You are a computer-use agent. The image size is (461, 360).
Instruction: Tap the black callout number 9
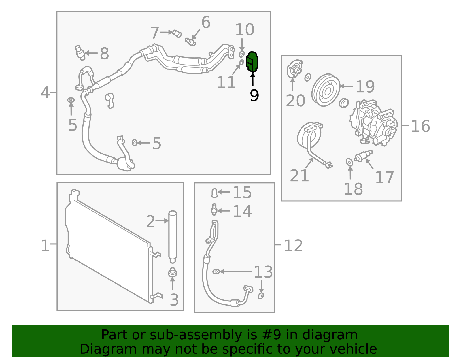(254, 95)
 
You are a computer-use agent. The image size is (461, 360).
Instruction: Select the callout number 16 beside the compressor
(420, 126)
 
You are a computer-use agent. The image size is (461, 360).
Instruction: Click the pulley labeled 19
(326, 90)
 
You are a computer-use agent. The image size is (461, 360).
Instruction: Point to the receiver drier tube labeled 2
(173, 236)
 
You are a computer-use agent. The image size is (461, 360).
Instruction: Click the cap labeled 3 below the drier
(173, 272)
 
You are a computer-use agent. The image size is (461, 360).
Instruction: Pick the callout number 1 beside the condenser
(45, 246)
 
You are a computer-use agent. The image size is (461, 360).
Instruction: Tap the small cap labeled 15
(214, 193)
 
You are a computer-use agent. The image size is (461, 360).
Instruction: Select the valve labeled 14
(214, 210)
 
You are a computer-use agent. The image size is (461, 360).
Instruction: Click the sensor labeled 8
(80, 52)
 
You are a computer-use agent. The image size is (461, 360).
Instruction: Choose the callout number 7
(155, 33)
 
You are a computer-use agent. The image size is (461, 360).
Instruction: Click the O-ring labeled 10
(242, 54)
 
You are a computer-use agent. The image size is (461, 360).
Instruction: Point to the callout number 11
(226, 82)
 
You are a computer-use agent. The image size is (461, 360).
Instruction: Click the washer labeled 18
(349, 162)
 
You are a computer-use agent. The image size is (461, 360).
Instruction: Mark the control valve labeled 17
(364, 156)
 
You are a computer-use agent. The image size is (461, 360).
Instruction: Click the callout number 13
(263, 272)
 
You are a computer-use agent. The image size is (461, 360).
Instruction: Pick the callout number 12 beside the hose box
(293, 246)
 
